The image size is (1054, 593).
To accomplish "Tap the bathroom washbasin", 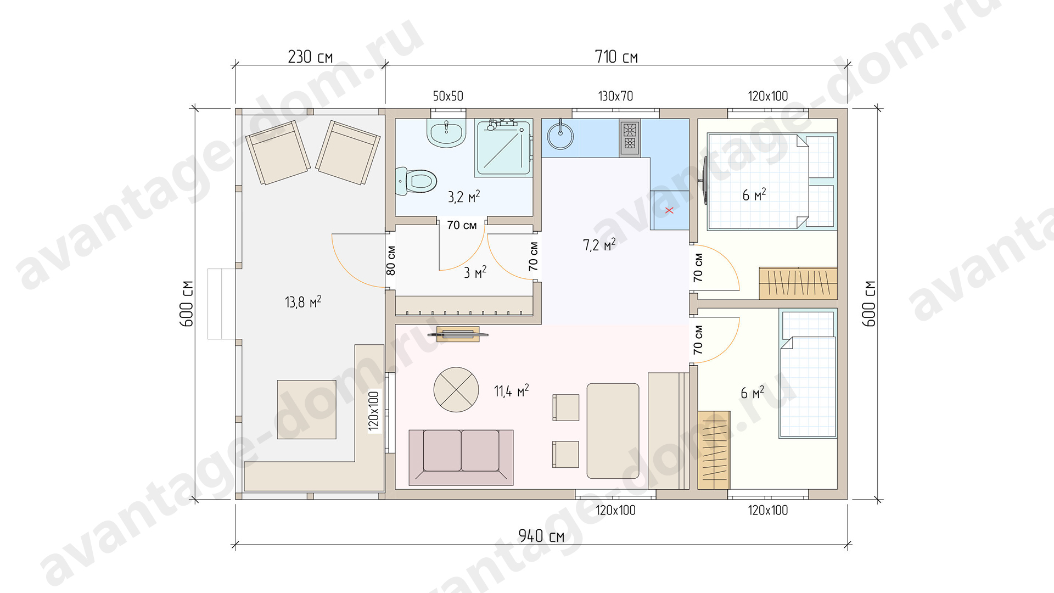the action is (x=446, y=133).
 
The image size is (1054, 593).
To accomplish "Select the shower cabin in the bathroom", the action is (x=504, y=148).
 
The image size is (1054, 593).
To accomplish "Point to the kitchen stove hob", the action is (x=630, y=137).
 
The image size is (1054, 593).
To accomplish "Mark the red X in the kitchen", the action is (x=669, y=210).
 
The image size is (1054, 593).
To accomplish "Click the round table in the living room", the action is (x=456, y=390).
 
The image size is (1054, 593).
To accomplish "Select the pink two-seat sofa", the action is (x=461, y=457).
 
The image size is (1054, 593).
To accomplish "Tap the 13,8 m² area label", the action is (x=303, y=301).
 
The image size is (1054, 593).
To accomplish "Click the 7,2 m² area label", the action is (x=599, y=244).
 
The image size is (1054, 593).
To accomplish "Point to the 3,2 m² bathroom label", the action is (x=464, y=197).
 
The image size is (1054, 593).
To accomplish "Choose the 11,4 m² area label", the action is (x=511, y=390).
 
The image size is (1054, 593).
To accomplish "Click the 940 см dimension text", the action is (x=541, y=536).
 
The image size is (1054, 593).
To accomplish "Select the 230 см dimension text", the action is (x=310, y=57).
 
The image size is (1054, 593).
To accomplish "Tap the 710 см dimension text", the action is (x=616, y=57).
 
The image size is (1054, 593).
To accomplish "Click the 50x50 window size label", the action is (x=448, y=96).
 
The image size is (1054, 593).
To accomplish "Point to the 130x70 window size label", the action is (x=615, y=96).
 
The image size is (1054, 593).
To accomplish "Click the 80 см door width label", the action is (x=391, y=260).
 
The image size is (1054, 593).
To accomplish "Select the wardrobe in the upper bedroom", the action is (x=798, y=283).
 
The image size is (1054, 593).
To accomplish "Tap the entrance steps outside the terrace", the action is (x=222, y=304).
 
